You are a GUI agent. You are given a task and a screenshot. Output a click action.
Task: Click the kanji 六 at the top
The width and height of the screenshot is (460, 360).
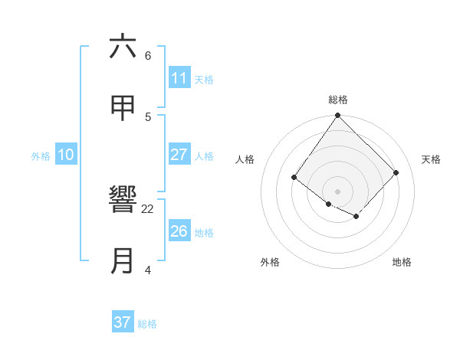pos(123,47)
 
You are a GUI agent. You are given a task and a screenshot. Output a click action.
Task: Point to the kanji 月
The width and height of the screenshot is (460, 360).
pos(123,261)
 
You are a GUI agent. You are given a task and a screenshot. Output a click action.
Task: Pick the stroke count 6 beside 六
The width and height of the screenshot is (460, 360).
pos(148,56)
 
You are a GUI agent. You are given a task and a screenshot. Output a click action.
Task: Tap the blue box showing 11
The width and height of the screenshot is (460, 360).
pos(179,78)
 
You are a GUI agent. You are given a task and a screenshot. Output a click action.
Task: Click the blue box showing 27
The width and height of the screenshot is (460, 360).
pos(179,155)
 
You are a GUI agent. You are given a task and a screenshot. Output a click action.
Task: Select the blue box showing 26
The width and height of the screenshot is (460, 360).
pos(179,231)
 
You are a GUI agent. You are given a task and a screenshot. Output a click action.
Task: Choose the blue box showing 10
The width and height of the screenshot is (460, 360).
pos(66,155)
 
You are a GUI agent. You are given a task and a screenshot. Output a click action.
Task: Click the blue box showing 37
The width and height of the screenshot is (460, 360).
pos(122,322)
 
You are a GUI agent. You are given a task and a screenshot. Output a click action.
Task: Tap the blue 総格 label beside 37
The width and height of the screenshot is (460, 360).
pos(147,324)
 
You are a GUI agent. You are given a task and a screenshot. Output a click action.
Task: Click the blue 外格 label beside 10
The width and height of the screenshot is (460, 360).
pos(41,156)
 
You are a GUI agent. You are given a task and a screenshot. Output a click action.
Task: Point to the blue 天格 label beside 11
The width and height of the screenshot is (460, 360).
pos(204,80)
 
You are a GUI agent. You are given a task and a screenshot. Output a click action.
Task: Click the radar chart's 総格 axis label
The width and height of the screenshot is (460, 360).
pos(338,100)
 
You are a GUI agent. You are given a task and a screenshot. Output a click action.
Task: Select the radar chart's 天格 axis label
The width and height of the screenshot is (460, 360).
pos(431,159)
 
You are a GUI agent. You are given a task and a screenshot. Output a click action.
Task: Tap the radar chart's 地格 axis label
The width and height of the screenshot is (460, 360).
pos(402,262)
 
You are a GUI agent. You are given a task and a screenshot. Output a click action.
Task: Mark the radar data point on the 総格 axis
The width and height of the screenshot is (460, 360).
pos(338,116)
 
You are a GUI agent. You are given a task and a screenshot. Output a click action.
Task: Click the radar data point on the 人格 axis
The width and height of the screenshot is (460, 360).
pos(294,177)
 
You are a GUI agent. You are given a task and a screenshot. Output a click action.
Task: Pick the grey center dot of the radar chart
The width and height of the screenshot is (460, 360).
pos(338,191)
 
